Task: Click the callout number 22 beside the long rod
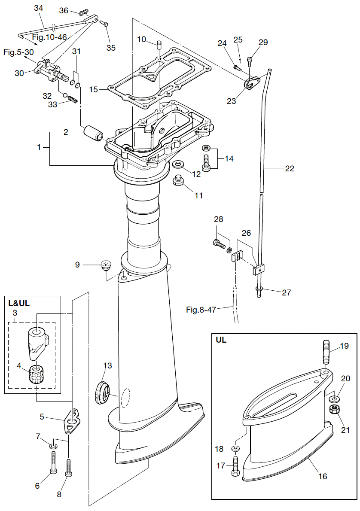click(289, 169)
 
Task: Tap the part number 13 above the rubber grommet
click(107, 365)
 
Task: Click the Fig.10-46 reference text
click(49, 37)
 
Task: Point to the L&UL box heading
click(19, 303)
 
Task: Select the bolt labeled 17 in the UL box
click(235, 465)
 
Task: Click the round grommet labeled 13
click(102, 392)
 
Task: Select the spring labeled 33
click(74, 100)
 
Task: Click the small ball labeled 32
click(65, 95)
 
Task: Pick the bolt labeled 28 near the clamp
click(219, 245)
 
